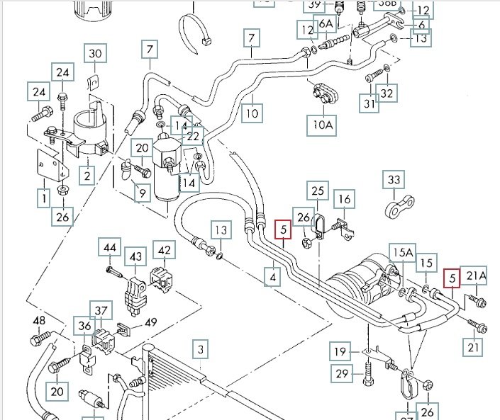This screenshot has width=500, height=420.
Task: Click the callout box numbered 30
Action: pos(95,53)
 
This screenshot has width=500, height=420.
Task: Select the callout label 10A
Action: pos(323,125)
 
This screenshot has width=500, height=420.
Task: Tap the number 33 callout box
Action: pos(394,181)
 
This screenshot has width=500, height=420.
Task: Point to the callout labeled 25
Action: pos(318,191)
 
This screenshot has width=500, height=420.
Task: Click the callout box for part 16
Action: pos(344,200)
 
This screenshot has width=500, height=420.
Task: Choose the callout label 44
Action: pos(110,249)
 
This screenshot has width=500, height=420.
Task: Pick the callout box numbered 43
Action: pos(135,256)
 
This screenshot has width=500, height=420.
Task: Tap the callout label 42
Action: pos(165,250)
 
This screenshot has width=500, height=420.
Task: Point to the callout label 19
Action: pos(342,351)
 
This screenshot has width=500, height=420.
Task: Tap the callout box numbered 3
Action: pos(201,349)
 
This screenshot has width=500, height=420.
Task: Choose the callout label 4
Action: pos(272,277)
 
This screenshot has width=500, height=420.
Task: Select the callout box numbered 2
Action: pos(87,175)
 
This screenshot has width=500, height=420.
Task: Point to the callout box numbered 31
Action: pos(369,103)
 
